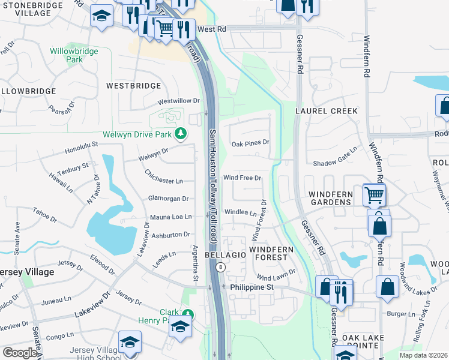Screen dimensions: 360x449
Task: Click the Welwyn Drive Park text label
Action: coord(137,134)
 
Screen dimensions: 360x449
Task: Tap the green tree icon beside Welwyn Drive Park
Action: coord(179,134)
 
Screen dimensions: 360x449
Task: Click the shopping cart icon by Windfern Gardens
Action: coord(374,194)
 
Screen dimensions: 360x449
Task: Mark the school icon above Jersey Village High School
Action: coord(129,341)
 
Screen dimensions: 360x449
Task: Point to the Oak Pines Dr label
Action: coord(251,143)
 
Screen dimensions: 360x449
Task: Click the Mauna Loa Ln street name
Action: coord(171,217)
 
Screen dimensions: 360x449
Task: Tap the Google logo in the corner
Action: coord(20,353)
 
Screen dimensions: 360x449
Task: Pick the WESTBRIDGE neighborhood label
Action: coord(133,86)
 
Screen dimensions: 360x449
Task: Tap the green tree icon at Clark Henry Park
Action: coord(188,314)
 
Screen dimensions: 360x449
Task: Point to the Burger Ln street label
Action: coord(401,314)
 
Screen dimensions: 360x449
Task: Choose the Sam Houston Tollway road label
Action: coord(212,186)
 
